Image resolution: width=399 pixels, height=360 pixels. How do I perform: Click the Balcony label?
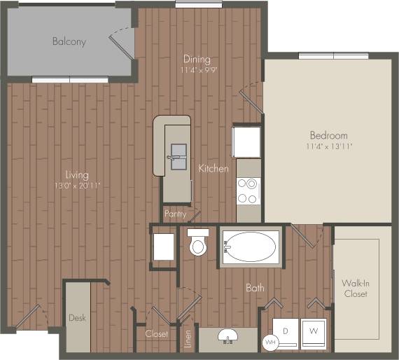69,41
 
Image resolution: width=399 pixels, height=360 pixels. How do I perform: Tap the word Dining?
197,60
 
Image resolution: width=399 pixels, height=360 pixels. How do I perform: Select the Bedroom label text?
329,135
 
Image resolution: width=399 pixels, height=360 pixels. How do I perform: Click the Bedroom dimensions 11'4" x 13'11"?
329,147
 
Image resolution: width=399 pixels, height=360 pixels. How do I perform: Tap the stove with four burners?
248,191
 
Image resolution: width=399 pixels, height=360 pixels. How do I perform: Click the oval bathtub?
251,247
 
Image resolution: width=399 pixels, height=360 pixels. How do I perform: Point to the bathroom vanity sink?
227,336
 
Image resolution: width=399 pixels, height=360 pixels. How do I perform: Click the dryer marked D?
286,329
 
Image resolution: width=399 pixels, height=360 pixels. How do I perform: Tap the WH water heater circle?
270,342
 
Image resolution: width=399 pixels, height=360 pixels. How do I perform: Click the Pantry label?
175,213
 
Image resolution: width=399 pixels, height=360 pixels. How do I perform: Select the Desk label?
77,318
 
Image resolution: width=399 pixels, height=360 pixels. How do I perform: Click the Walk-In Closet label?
355,288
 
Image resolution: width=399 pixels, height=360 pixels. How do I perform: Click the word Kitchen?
213,169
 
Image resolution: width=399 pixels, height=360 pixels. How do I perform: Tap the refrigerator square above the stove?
247,140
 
